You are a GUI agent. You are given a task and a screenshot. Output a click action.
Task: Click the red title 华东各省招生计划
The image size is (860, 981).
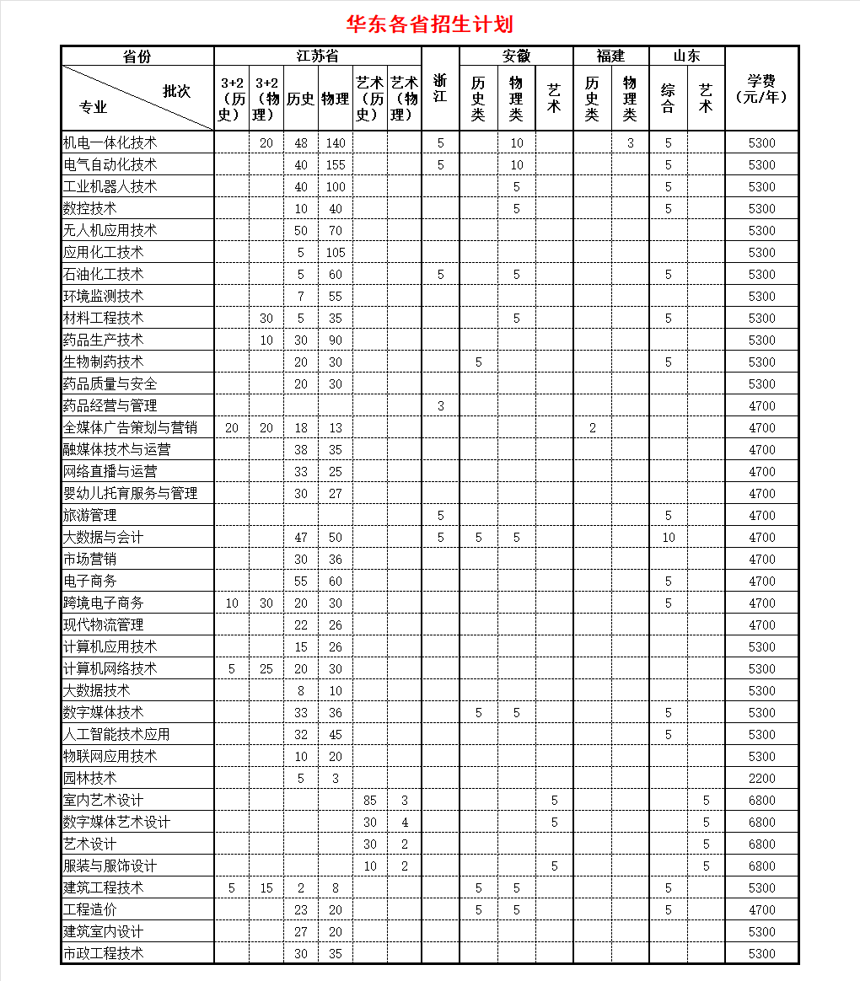point(429,24)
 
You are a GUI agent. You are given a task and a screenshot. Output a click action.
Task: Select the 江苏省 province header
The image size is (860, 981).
point(317,56)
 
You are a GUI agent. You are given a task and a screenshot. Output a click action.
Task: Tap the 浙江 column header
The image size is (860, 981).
point(440,88)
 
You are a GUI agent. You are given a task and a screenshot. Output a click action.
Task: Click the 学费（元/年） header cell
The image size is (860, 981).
point(761,88)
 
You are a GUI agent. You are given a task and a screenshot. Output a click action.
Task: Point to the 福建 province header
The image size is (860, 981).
point(610,56)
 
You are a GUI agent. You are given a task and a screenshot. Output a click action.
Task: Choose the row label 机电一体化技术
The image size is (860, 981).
point(110,142)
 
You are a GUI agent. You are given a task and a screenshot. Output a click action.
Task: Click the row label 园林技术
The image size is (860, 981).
point(90,778)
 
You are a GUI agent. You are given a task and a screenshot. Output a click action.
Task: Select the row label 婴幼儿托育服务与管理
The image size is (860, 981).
point(131,493)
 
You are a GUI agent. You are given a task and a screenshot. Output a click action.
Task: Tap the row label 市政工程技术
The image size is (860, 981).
point(104,953)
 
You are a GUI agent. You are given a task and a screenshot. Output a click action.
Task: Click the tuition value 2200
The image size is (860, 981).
point(761,778)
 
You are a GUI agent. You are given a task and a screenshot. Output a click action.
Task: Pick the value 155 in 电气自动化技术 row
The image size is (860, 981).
point(336,164)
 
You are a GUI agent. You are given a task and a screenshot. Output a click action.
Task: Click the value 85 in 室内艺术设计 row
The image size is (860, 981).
point(369,800)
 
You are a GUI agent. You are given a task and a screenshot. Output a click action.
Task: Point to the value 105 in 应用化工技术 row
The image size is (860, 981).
point(336,252)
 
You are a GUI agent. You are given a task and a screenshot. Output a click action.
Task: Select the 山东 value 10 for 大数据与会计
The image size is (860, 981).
point(668,537)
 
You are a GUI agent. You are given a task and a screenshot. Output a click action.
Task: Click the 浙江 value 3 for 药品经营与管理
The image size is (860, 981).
point(440,405)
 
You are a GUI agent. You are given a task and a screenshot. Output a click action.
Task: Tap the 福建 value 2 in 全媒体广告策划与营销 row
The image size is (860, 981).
point(592,427)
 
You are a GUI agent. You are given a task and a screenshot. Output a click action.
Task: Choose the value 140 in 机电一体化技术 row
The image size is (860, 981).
point(336,142)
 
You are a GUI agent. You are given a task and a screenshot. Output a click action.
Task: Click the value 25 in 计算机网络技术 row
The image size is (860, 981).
point(266,668)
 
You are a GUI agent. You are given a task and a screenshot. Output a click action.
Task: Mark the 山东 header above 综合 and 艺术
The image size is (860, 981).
point(686,56)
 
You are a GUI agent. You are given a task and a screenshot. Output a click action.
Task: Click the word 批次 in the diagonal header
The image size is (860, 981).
point(177,91)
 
